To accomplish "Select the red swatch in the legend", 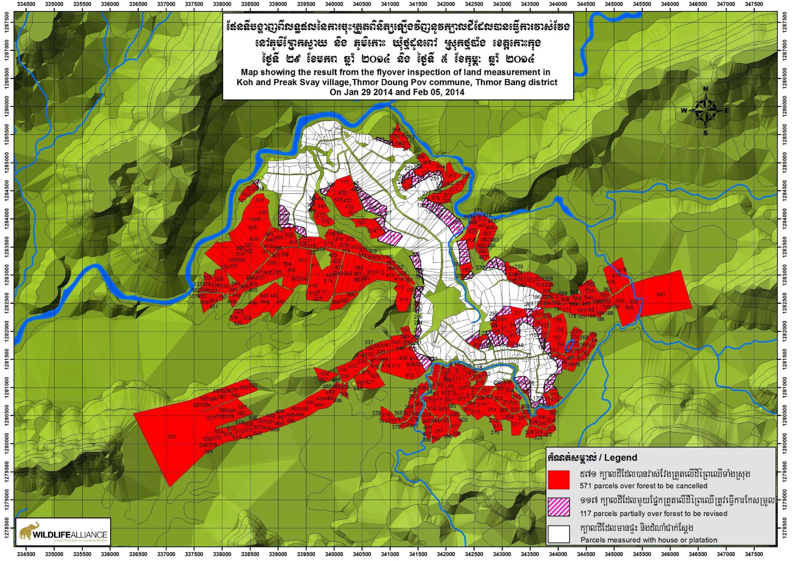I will point(558,480).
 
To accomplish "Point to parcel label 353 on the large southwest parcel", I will point(172,437).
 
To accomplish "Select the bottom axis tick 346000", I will point(670,557).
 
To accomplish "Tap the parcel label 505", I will point(260,200).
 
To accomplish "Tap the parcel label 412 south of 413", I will point(410,375).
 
